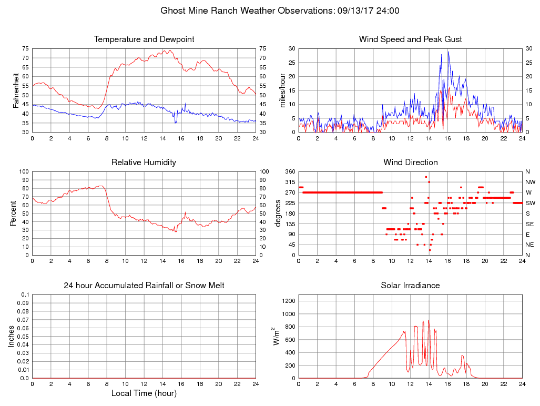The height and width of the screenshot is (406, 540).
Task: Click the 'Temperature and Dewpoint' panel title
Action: pos(144,39)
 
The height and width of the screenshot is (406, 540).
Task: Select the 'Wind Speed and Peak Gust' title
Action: pos(410,39)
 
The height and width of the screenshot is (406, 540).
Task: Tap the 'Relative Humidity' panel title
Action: pos(144,163)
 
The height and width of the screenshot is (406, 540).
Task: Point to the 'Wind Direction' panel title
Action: pos(410,163)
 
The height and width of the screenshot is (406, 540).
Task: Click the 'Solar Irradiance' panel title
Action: pos(410,286)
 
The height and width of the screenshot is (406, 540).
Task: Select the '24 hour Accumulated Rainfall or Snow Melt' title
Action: pos(144,286)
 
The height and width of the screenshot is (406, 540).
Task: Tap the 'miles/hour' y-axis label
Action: pos(282,90)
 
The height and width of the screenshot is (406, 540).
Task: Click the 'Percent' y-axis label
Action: pos(13,214)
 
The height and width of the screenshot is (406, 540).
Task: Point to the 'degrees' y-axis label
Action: pos(278,214)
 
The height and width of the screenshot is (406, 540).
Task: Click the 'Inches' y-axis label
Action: pos(12,337)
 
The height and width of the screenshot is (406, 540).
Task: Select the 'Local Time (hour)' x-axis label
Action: pos(144,393)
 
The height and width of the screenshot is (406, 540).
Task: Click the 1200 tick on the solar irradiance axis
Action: pos(289,301)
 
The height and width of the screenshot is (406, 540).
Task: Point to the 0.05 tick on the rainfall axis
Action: pos(23,337)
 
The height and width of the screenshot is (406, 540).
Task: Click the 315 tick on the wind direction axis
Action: pos(290,182)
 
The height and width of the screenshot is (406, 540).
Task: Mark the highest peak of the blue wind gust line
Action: pos(448,51)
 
